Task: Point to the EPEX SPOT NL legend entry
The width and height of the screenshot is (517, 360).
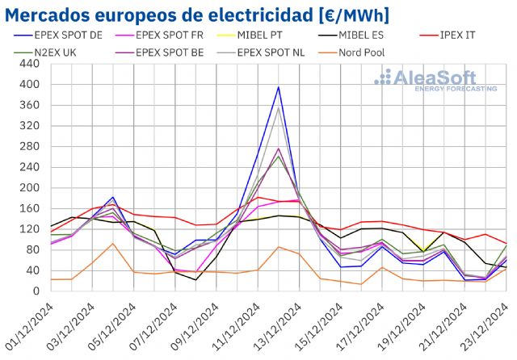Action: click(284, 52)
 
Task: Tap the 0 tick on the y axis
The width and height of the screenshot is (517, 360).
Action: click(38, 291)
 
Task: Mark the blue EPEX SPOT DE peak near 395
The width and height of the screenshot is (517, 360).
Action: click(279, 87)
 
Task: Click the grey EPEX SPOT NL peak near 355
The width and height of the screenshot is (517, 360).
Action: click(279, 108)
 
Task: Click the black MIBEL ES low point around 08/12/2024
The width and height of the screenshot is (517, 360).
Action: click(195, 280)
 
